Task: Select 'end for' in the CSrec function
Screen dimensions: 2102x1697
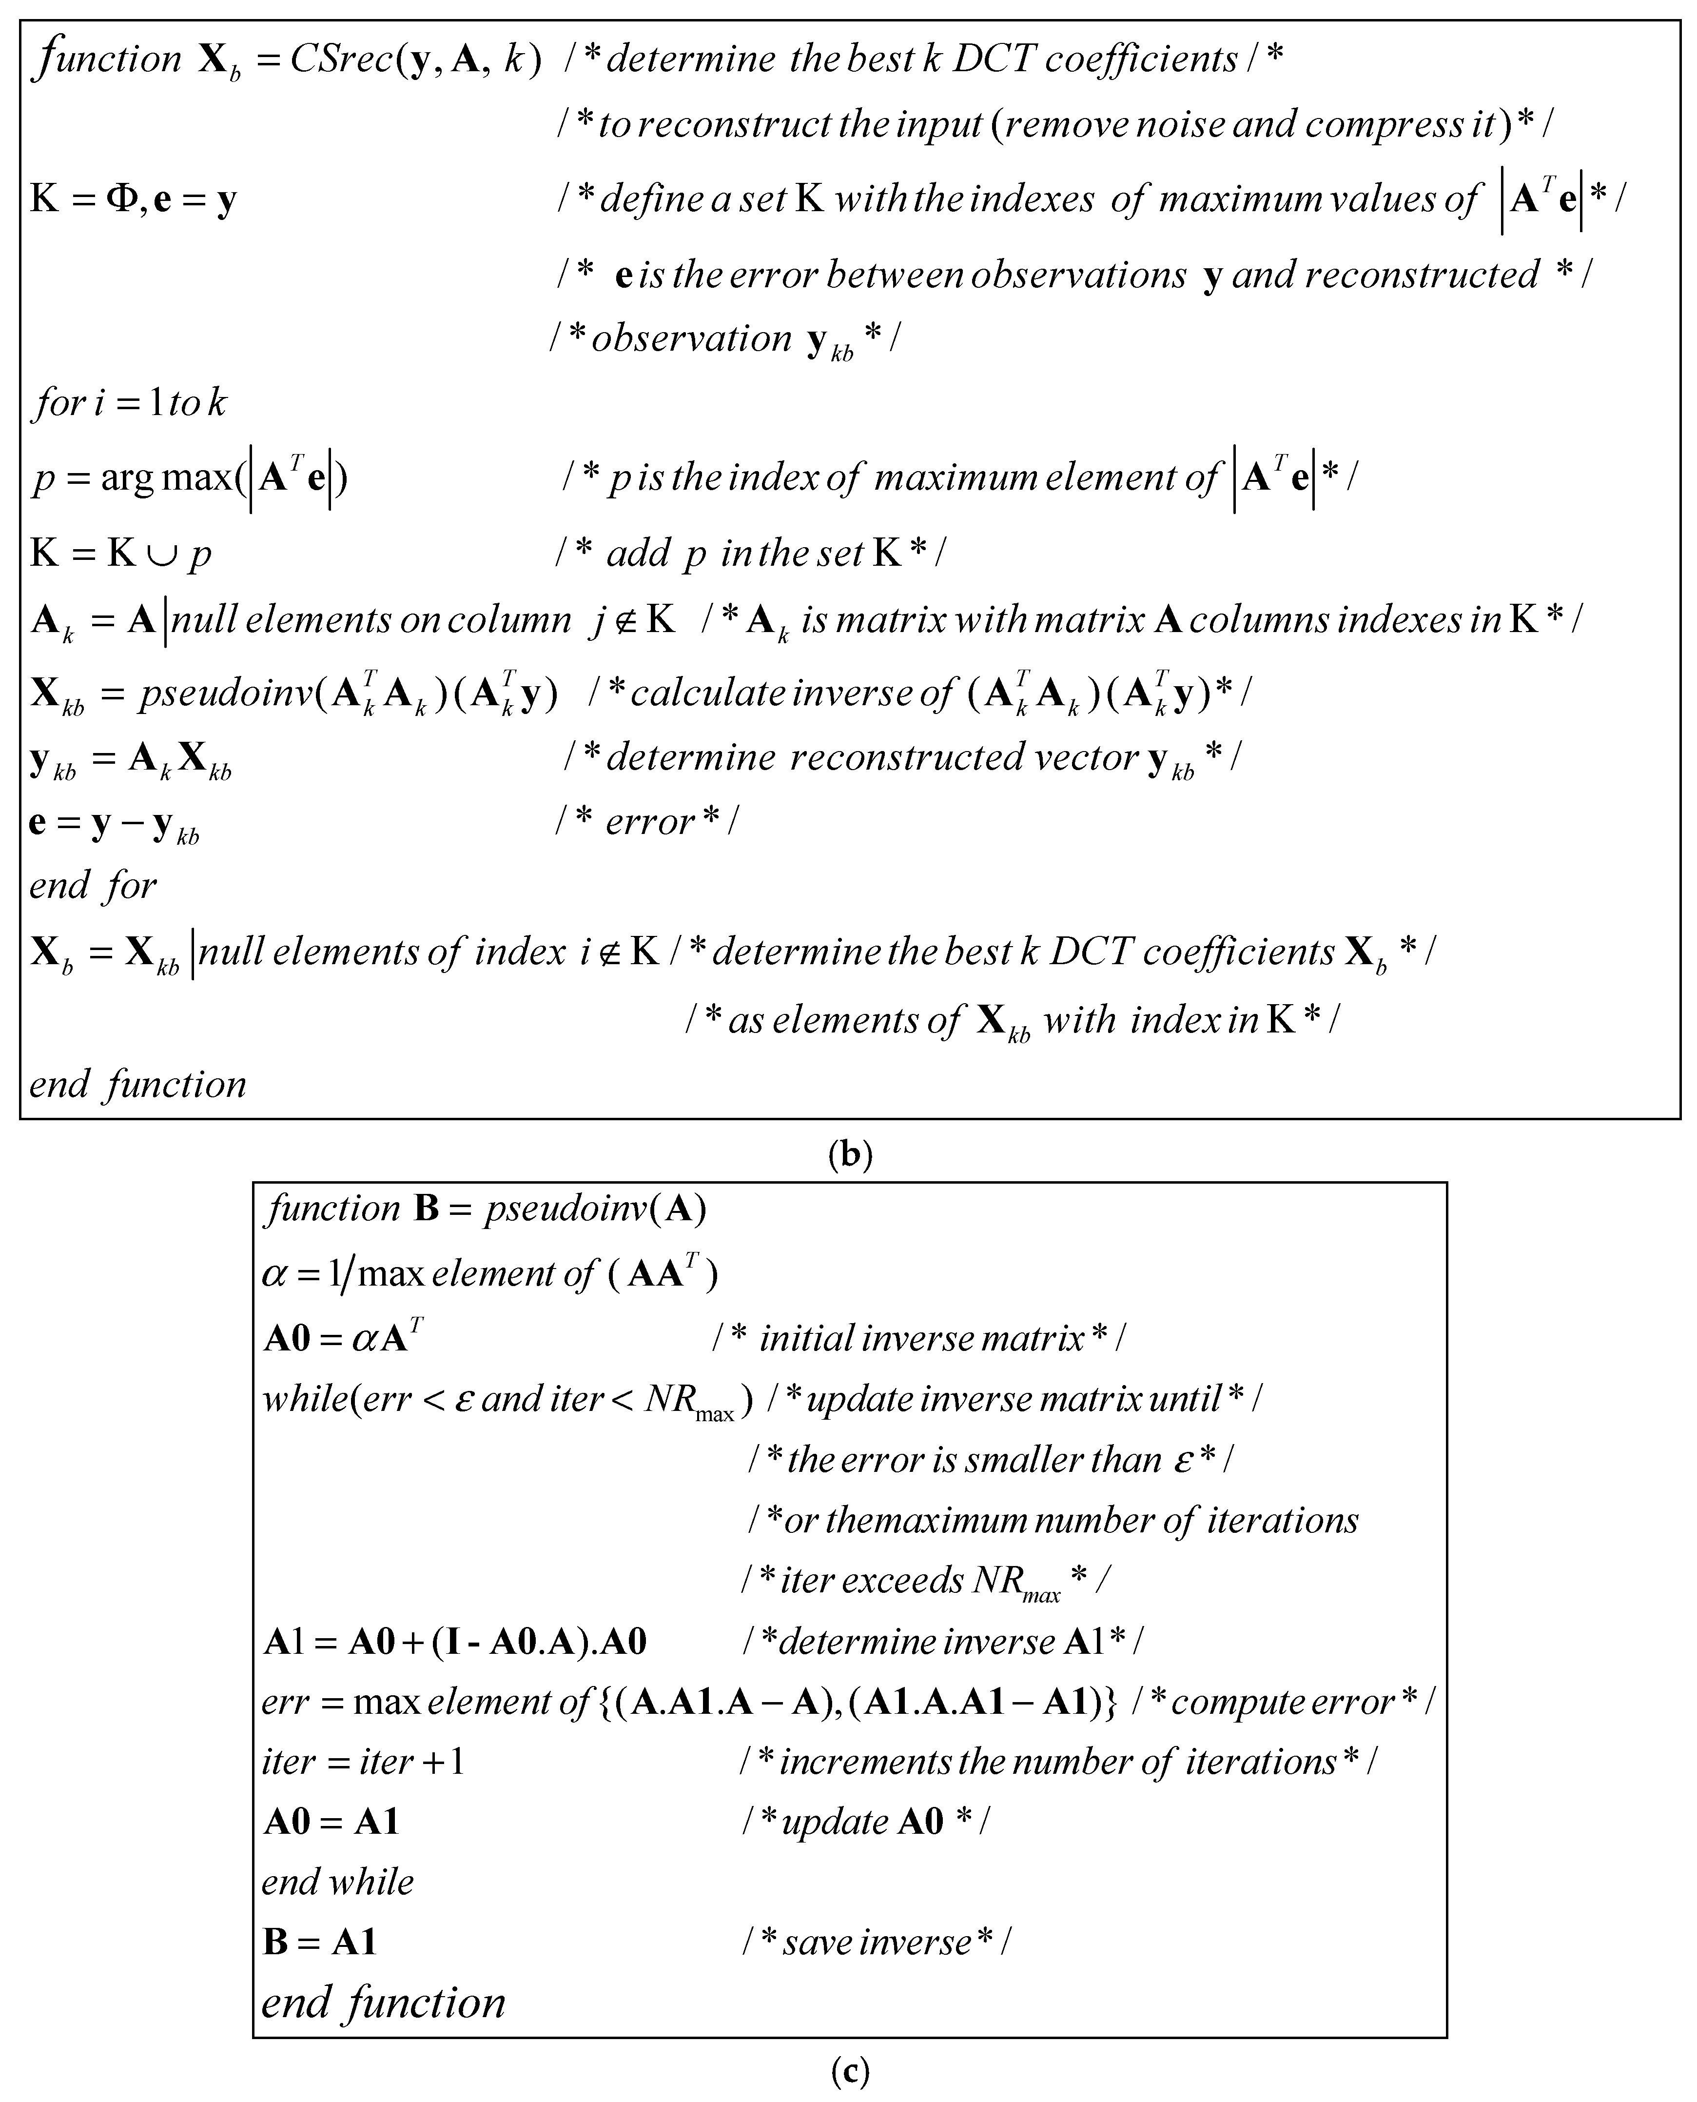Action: tap(93, 886)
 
